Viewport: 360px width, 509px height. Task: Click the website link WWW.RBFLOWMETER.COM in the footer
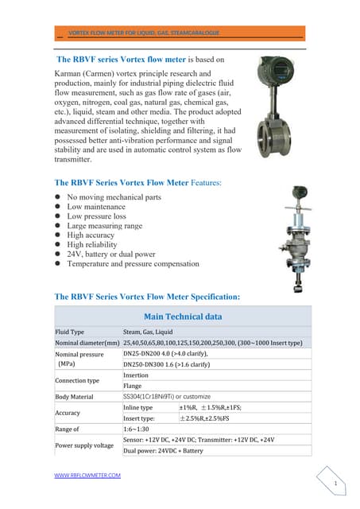pos(87,475)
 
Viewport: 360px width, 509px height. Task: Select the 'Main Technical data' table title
pos(182,316)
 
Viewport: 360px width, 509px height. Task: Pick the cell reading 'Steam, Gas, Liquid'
pos(149,331)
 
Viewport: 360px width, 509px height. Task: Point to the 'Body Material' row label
pos(74,396)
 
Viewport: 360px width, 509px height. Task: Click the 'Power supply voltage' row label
pos(84,445)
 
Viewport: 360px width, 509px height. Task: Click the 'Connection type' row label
pos(77,380)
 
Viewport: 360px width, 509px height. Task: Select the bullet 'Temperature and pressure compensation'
pos(133,263)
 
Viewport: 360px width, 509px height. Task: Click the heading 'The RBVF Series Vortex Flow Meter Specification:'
pos(147,296)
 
